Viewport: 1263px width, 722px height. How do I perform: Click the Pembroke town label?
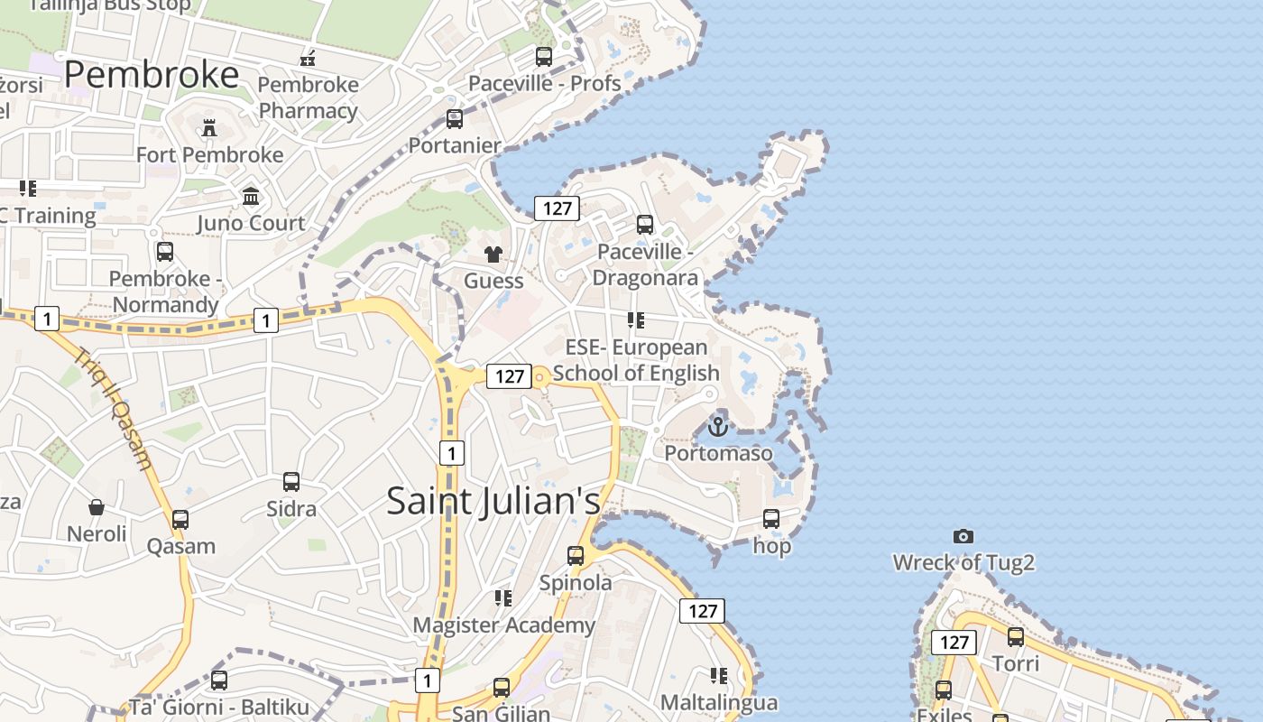(152, 74)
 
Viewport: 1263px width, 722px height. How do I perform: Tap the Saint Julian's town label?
(493, 501)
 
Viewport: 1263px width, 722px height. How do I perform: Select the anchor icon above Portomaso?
(718, 426)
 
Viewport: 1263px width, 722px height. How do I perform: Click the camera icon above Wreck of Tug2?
(963, 537)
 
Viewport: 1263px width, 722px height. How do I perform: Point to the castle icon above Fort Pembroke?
(209, 128)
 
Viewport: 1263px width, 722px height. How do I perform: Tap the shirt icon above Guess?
(493, 255)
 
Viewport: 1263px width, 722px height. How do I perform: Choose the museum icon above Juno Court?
(251, 196)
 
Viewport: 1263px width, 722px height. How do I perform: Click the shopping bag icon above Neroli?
(97, 507)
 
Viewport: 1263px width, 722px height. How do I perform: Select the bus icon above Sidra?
(291, 482)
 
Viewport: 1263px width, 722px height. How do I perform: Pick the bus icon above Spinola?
(576, 556)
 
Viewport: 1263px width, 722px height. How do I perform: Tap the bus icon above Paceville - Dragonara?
(645, 225)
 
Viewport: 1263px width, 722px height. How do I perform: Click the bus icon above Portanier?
(455, 119)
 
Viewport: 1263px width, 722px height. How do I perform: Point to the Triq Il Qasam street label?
(114, 408)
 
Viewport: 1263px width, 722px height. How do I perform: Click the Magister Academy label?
(503, 625)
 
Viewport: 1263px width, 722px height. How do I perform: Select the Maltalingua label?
(718, 702)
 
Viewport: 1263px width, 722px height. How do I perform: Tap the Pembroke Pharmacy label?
(309, 97)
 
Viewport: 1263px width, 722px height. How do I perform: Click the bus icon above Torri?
(1016, 637)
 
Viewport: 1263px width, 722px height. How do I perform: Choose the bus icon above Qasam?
(180, 520)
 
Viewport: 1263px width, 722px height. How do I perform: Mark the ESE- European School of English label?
(636, 360)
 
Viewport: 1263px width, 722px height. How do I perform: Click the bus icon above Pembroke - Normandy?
(165, 252)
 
